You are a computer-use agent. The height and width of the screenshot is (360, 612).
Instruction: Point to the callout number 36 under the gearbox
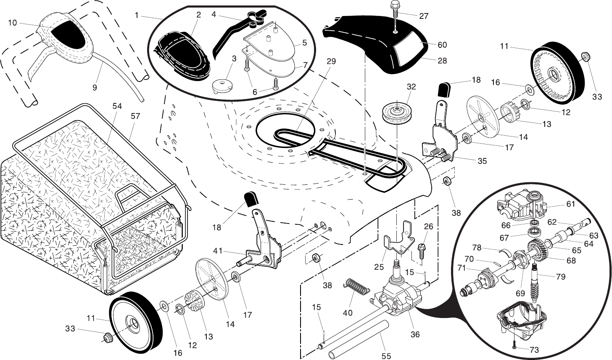click(x=415, y=335)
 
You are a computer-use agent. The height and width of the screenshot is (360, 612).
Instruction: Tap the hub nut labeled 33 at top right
click(x=585, y=56)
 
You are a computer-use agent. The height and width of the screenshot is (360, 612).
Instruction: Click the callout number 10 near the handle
click(x=12, y=23)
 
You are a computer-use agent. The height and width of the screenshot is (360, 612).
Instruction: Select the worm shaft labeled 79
click(x=536, y=282)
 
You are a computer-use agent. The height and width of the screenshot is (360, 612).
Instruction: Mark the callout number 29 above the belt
click(x=331, y=61)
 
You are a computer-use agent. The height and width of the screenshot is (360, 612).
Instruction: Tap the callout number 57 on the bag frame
click(x=135, y=116)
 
